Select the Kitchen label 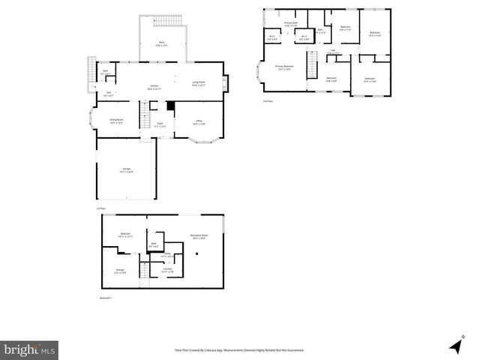[x=154, y=86]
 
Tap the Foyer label [x=160, y=124]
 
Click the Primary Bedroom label [x=284, y=67]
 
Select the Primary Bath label [x=291, y=24]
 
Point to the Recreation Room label [x=199, y=236]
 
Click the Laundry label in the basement [x=168, y=268]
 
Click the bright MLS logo [x=30, y=349]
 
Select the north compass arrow [x=455, y=346]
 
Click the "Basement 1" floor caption [x=106, y=298]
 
